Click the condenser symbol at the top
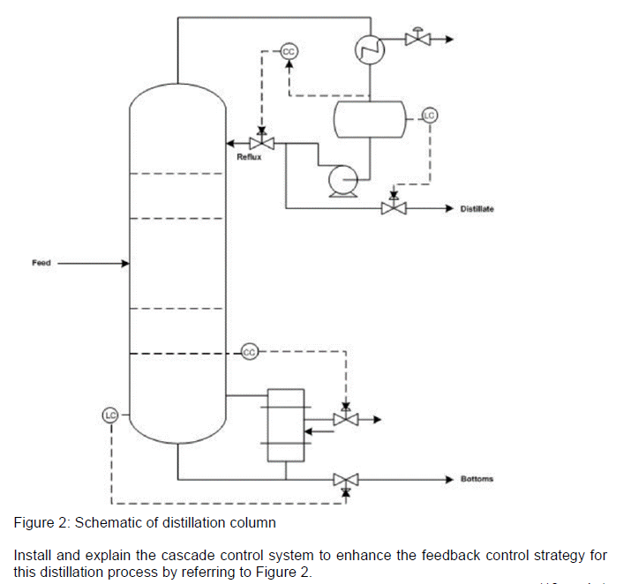[x=367, y=50]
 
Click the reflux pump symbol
[x=340, y=181]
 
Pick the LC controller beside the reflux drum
[x=429, y=115]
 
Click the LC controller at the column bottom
[x=110, y=414]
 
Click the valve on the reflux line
[x=260, y=143]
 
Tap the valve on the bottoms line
[x=345, y=480]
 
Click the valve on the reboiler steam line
[x=345, y=419]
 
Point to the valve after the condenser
[x=414, y=39]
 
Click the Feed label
[x=41, y=262]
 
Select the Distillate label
[x=477, y=209]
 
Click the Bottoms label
[x=477, y=479]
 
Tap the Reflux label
[x=249, y=157]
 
